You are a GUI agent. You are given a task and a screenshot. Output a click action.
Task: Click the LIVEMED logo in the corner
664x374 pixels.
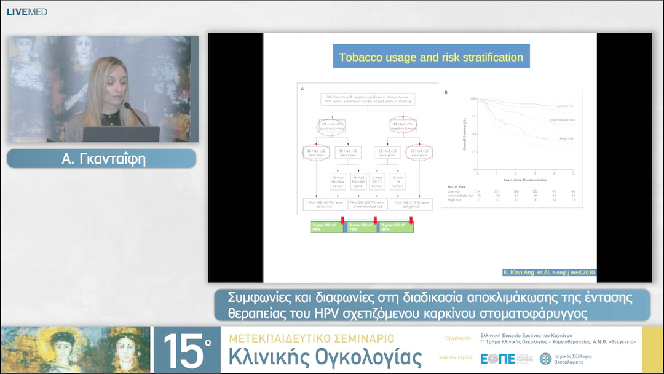tap(26, 12)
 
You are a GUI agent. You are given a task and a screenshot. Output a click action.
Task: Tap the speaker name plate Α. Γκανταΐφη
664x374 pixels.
tap(101, 158)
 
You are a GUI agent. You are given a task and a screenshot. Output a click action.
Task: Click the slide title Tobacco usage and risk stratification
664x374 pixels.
tap(431, 58)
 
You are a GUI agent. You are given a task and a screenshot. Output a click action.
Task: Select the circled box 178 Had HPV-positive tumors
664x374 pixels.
tap(332, 126)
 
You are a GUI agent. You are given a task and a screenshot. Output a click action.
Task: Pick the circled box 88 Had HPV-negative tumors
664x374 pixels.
tap(403, 126)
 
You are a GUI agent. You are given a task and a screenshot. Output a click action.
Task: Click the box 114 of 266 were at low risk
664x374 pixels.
tap(324, 205)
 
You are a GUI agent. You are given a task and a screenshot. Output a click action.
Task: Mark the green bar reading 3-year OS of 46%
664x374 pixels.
tap(397, 226)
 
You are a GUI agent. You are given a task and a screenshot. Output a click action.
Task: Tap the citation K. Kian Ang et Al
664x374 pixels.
tap(549, 273)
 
